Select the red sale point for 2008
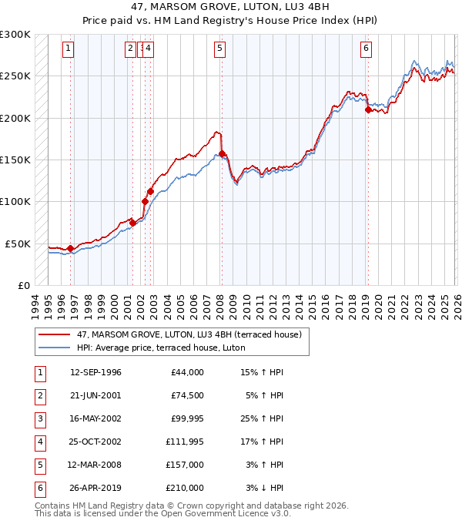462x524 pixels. pyautogui.click(x=223, y=154)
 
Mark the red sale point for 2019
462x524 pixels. pyautogui.click(x=368, y=110)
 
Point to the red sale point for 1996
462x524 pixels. pyautogui.click(x=71, y=248)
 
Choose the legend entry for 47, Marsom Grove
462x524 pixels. pyautogui.click(x=192, y=334)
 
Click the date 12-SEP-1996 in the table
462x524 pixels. pyautogui.click(x=95, y=372)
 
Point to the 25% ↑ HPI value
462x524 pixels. pyautogui.click(x=262, y=418)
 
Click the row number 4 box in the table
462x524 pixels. pyautogui.click(x=39, y=442)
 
